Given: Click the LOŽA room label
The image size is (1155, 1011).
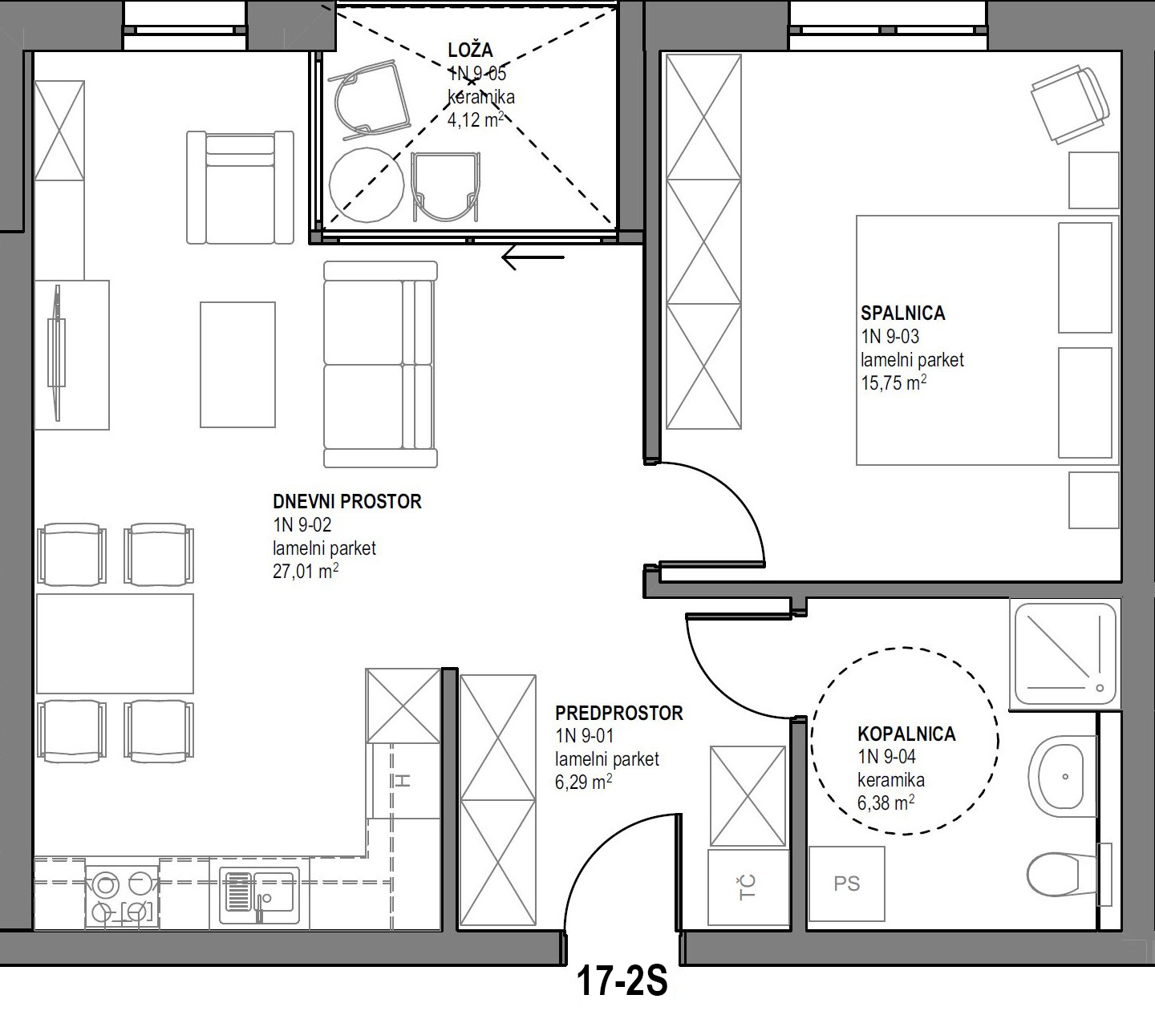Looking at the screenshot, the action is coord(470,51).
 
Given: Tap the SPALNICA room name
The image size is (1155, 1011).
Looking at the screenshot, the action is coord(902,313).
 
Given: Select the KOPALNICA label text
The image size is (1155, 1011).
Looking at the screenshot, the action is coord(906,734).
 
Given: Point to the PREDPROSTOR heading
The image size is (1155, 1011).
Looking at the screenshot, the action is coord(619,713).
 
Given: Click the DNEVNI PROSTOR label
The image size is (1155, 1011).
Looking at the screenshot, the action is coord(347,502).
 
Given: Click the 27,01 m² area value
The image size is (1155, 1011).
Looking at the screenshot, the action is coord(306,572).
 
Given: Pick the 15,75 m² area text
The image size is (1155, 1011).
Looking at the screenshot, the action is coord(894,383).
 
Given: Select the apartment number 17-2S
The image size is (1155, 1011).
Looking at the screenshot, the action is coord(622,981).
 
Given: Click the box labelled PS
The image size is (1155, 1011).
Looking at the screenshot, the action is coord(846,884).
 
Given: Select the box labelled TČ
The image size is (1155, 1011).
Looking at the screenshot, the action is coord(748,888).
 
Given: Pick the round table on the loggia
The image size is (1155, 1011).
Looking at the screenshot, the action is coord(367,184).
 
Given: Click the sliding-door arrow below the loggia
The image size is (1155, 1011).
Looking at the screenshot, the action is coord(533,258).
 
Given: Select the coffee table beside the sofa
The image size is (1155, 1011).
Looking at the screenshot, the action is coord(237,365).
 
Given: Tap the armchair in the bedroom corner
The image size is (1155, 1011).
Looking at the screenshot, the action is coord(1070,105).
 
